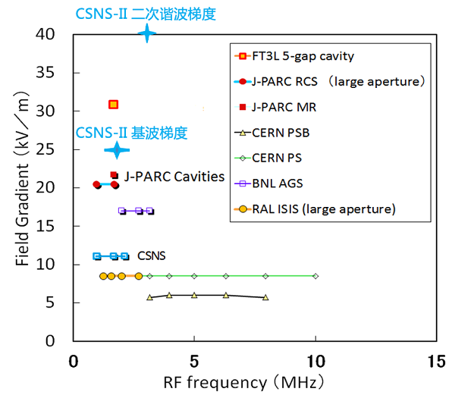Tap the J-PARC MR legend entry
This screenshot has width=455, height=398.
point(294,107)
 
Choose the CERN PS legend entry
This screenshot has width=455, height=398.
point(287,158)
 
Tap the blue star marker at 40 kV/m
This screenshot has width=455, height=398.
point(147,33)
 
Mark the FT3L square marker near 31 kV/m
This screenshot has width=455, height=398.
point(114,105)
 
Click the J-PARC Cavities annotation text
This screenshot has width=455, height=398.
point(174,176)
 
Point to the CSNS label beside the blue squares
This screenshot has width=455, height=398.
point(151,256)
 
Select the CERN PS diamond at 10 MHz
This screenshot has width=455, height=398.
point(315,276)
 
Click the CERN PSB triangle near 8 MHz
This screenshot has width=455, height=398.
point(265,297)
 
